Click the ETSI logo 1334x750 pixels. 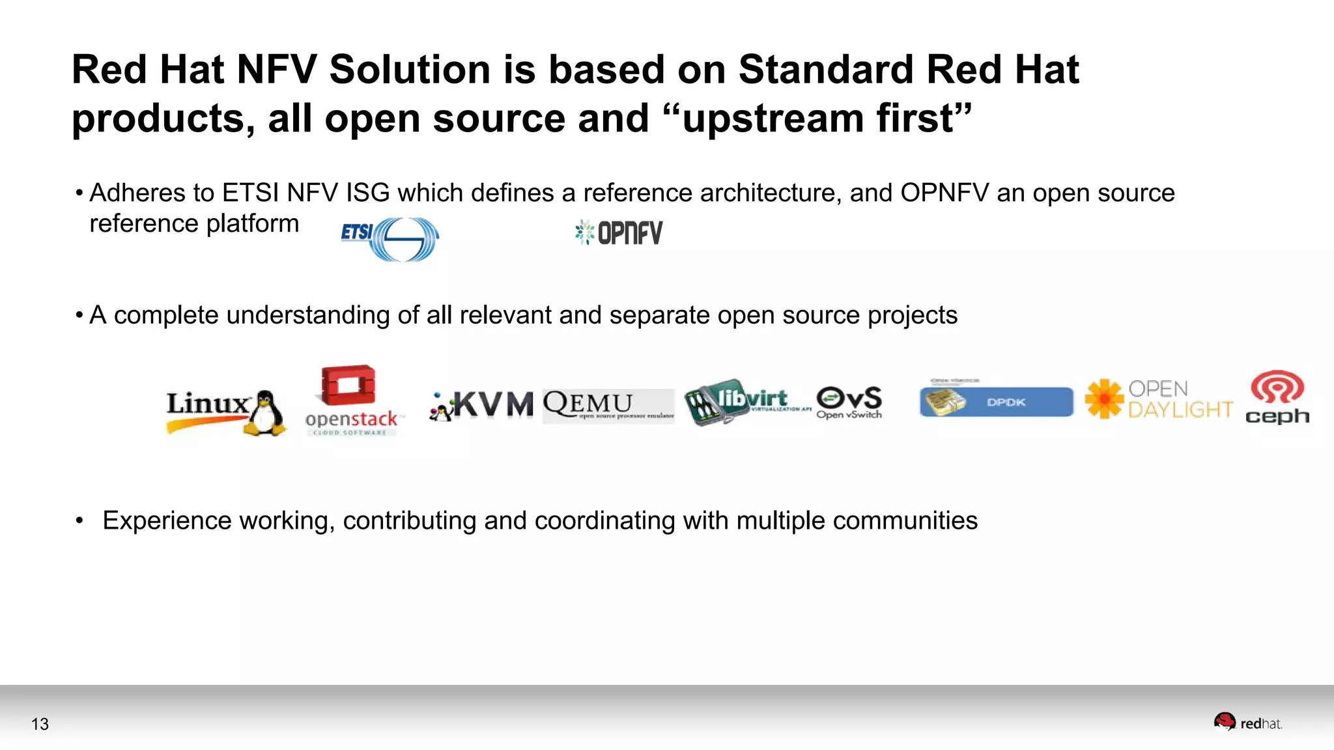pos(390,238)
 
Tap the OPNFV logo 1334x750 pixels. pos(619,232)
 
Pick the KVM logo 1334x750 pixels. pos(482,405)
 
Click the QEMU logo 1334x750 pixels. pos(608,405)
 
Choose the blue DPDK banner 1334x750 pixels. pos(997,402)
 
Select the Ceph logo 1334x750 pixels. pos(1277,397)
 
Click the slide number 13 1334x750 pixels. pos(40,724)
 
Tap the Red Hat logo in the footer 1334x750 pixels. pos(1247,723)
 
